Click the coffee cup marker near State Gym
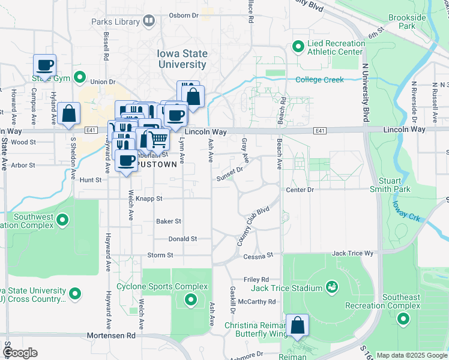[x=45, y=65]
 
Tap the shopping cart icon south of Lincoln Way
[x=158, y=139]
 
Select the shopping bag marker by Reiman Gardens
[x=297, y=326]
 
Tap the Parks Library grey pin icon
[x=149, y=22]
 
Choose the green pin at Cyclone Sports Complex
[x=191, y=299]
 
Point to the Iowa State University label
[x=182, y=59]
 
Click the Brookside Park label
[x=406, y=22]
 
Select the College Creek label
[x=319, y=80]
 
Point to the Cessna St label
[x=258, y=256]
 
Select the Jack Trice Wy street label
[x=352, y=254]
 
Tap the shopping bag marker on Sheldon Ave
[x=69, y=114]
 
